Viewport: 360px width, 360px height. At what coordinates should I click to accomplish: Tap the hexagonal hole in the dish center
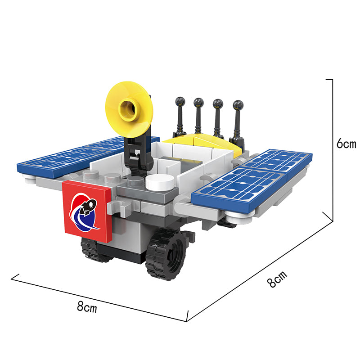click(x=128, y=108)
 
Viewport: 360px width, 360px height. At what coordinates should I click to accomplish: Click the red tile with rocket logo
click(x=87, y=211)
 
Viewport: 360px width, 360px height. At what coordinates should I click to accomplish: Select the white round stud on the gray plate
click(x=160, y=182)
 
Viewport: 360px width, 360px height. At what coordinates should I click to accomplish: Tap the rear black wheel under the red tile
click(x=94, y=250)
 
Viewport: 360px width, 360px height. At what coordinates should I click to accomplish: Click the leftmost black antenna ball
click(x=180, y=101)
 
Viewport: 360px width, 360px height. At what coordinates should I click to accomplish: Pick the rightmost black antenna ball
click(x=238, y=105)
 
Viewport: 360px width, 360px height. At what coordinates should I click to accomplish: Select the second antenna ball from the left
click(x=198, y=103)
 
